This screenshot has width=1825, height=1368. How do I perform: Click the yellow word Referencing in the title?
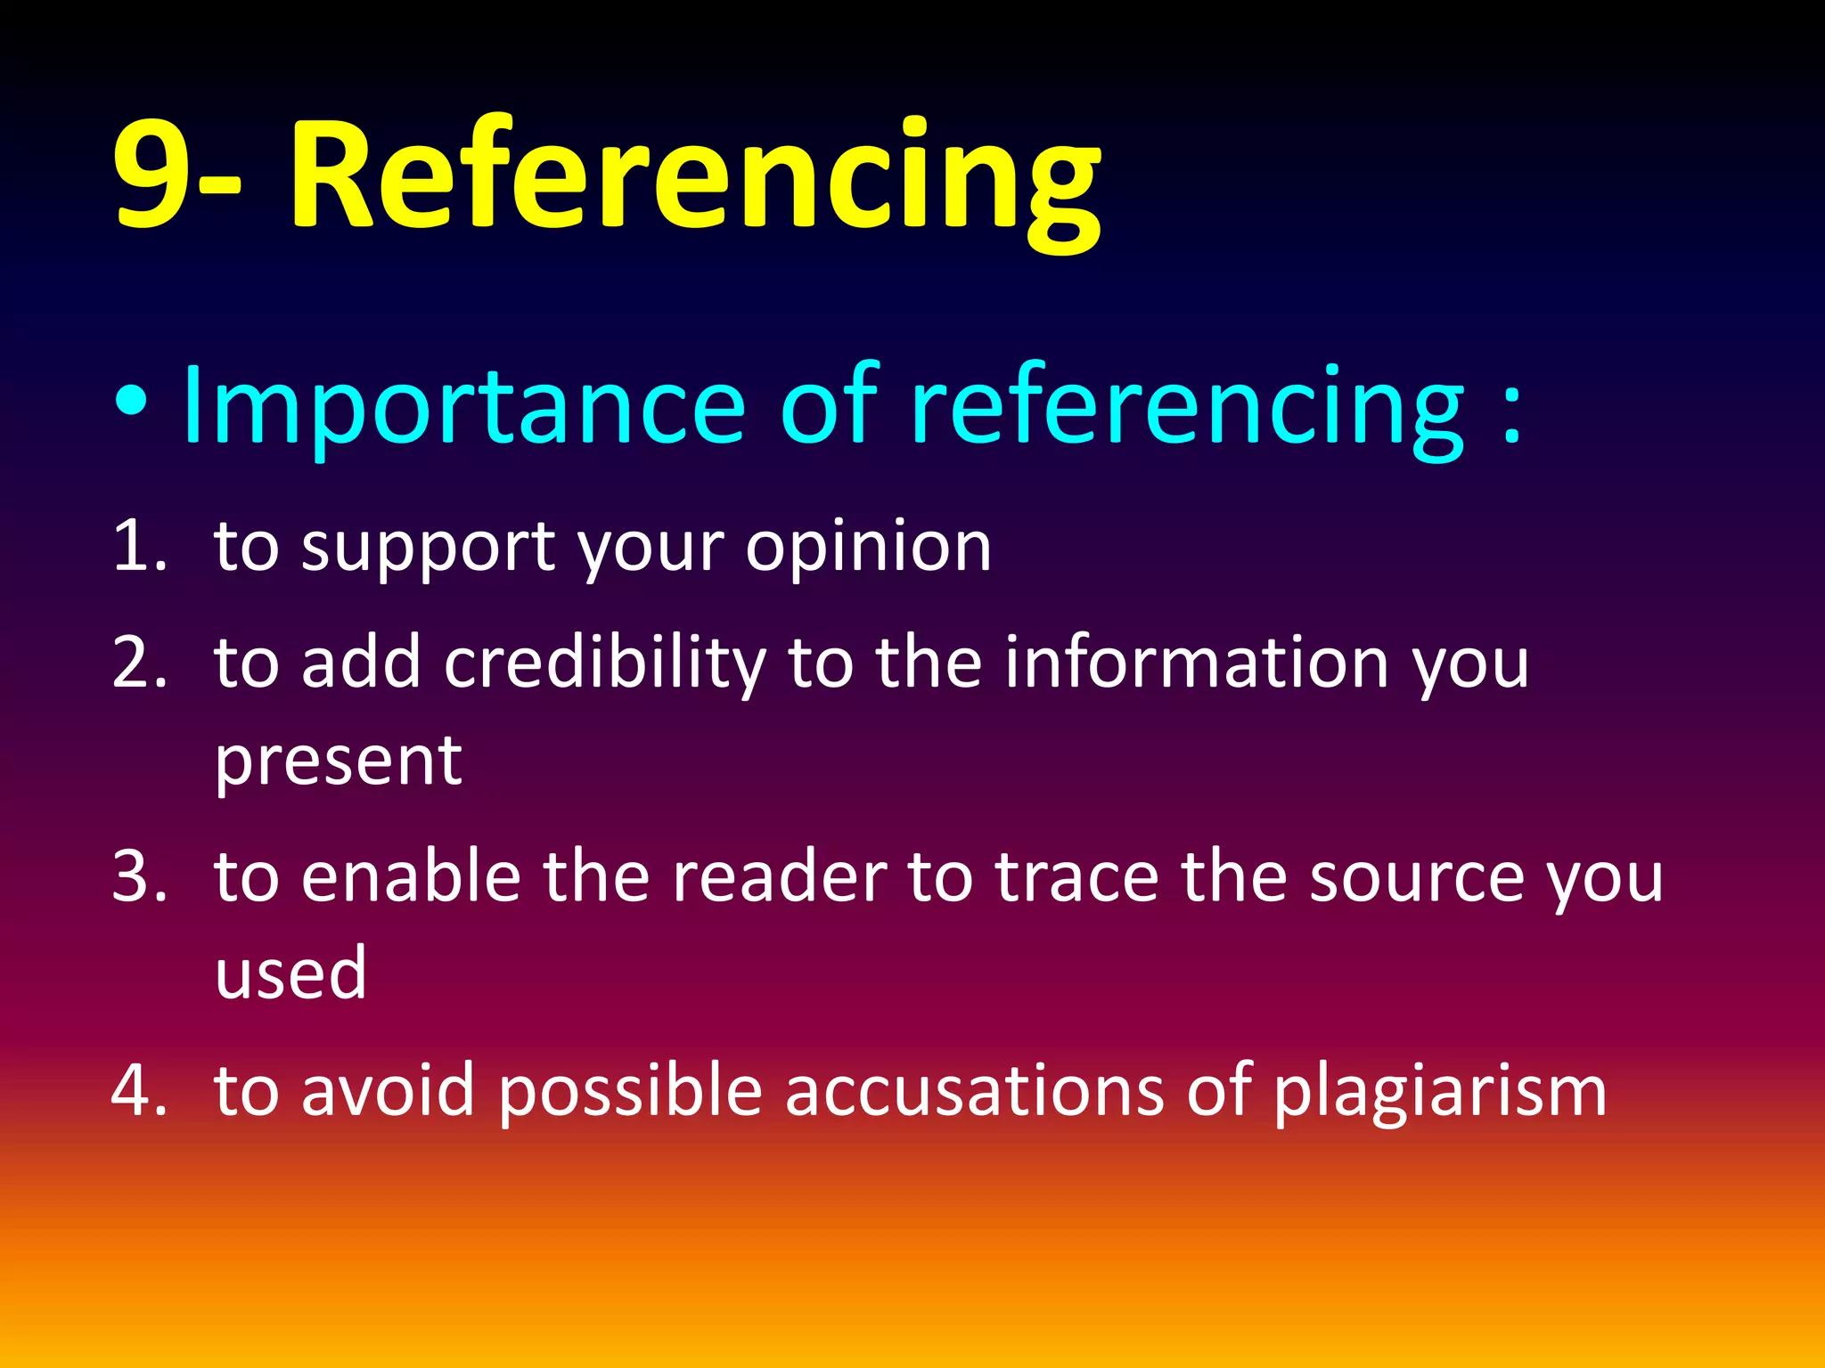click(695, 178)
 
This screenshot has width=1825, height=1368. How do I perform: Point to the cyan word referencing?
click(1185, 410)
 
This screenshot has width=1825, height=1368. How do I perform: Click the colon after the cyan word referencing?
click(1511, 411)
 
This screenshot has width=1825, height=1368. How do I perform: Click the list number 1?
click(138, 545)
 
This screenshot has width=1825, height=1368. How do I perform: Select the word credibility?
click(605, 664)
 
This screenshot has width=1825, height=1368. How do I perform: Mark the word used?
click(291, 973)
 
